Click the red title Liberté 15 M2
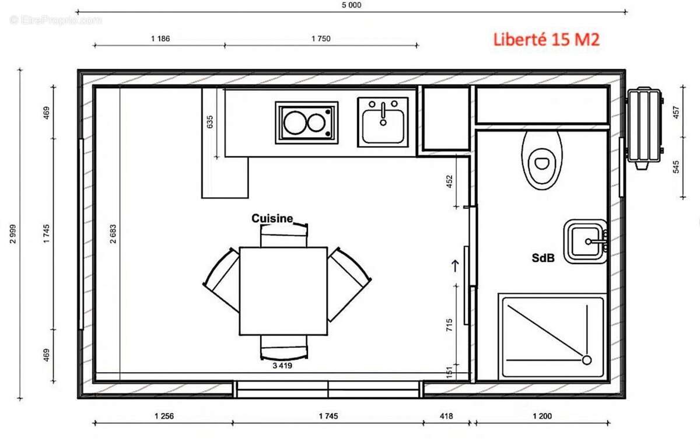tap(546, 40)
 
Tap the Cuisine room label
tap(271, 218)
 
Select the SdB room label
tap(542, 257)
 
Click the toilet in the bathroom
tap(542, 159)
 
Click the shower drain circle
tap(586, 360)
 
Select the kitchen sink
tap(383, 122)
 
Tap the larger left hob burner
tap(295, 123)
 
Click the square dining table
tap(283, 291)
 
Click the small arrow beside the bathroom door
tap(456, 265)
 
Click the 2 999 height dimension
tap(13, 234)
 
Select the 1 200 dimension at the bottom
tap(542, 416)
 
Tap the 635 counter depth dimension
tap(210, 122)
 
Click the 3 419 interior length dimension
tap(282, 366)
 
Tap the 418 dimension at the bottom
tap(446, 416)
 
